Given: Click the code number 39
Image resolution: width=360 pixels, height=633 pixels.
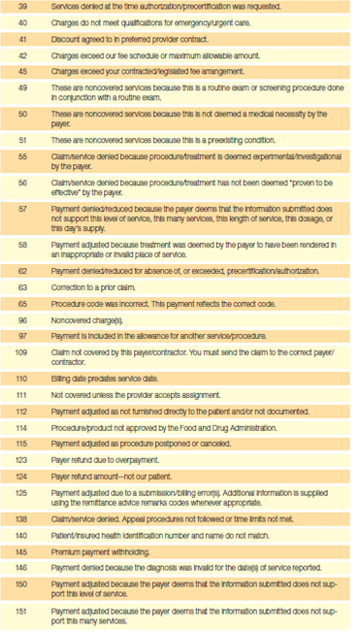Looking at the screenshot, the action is pos(23,8).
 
